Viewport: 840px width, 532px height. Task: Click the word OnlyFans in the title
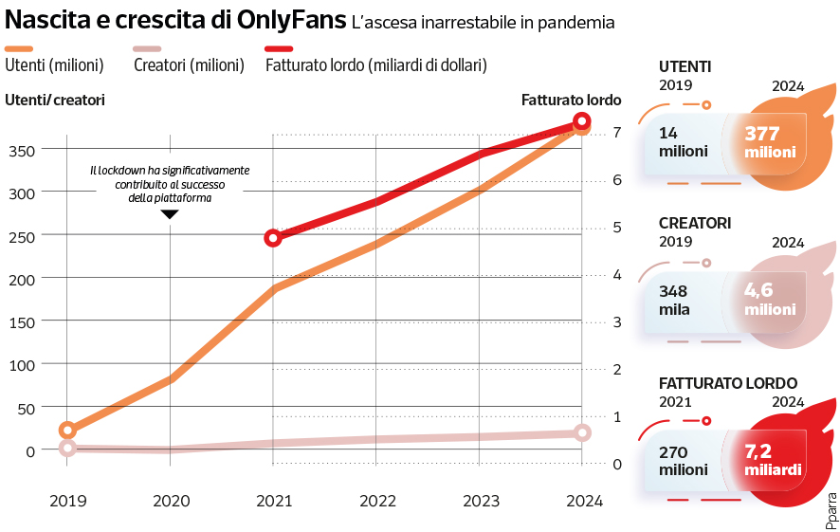(x=284, y=21)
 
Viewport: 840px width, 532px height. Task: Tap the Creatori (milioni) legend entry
(x=189, y=65)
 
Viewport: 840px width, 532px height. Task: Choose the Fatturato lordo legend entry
(x=376, y=65)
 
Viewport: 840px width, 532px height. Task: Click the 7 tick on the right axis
(x=616, y=132)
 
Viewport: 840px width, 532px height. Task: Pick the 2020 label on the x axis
(x=171, y=502)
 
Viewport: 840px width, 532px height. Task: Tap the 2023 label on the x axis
(x=479, y=502)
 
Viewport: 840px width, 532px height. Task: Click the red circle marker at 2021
(x=273, y=238)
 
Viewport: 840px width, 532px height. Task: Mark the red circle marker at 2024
(x=582, y=121)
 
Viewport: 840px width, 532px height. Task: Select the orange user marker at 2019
(x=67, y=431)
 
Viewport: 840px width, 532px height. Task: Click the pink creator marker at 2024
(x=582, y=432)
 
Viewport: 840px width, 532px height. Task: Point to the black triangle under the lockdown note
(x=170, y=214)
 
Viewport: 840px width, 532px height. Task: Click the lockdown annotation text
(x=170, y=184)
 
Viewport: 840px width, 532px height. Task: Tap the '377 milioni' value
(x=770, y=142)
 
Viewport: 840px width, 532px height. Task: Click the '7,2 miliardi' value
(x=770, y=461)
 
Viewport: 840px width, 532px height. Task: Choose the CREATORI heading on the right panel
(x=695, y=223)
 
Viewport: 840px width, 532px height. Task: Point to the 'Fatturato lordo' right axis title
(x=572, y=100)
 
